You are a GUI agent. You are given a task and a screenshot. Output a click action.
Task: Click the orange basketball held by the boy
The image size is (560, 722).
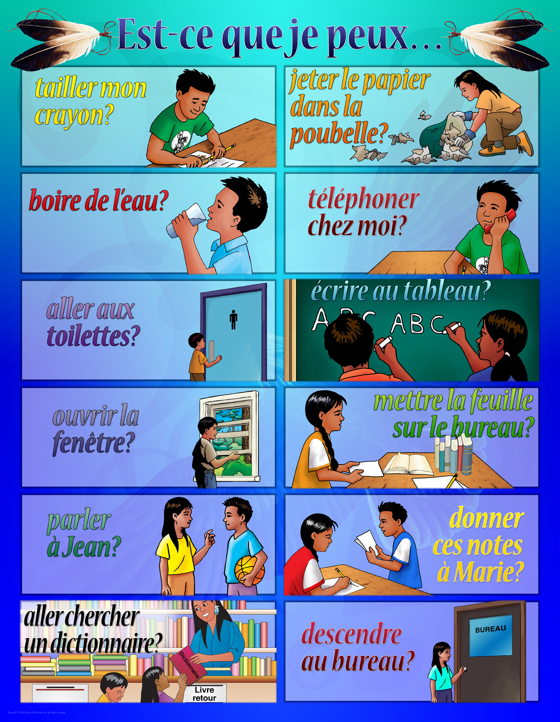pos(249,570)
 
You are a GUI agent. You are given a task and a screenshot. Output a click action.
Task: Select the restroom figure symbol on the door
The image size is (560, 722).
pos(233,319)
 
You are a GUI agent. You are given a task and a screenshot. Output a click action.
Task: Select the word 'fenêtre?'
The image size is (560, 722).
pos(94,443)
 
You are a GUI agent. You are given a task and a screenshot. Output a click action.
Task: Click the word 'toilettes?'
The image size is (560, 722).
pos(93,336)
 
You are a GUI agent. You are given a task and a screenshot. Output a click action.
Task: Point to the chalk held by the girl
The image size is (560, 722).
pos(452,325)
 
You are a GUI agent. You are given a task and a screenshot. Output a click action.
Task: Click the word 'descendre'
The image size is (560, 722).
pos(351,634)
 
